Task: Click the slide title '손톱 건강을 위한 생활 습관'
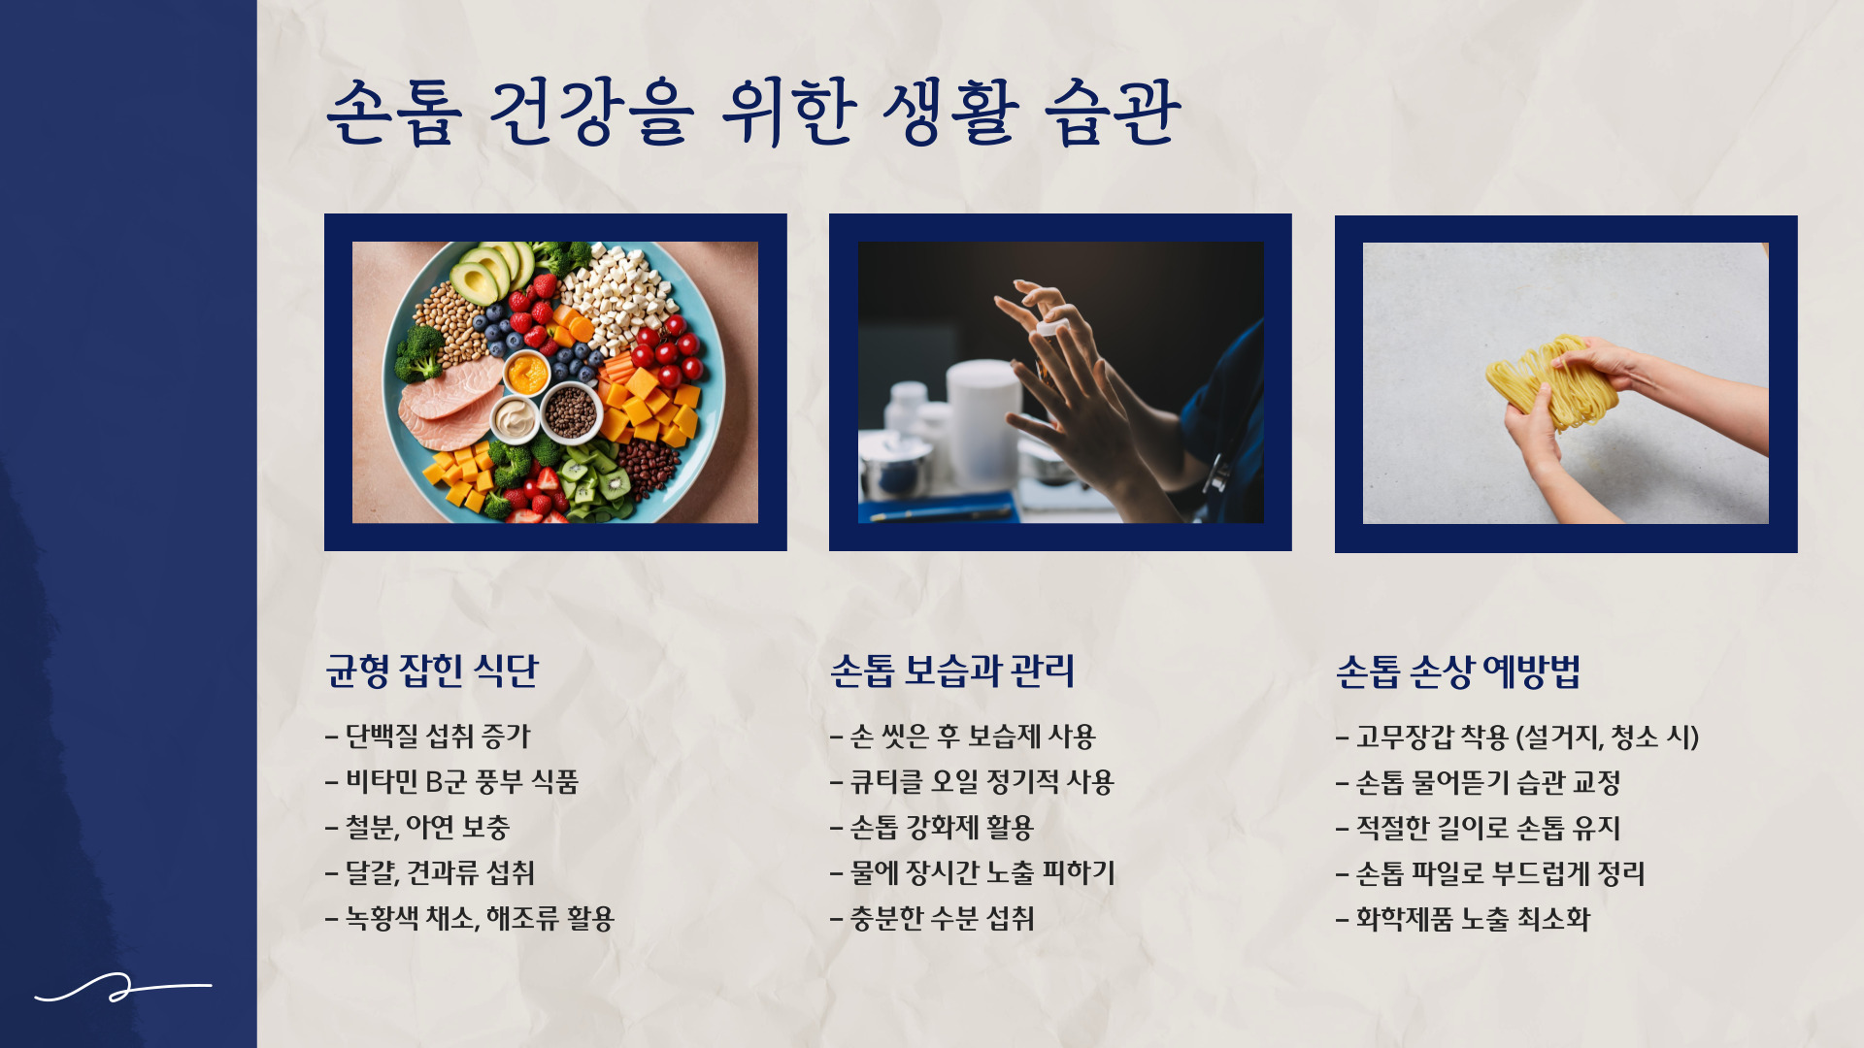pos(753,115)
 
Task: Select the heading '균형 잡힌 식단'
pos(432,671)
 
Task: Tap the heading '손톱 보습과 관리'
pos(952,671)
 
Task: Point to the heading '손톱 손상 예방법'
pos(1458,671)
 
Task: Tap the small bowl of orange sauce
pos(526,374)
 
